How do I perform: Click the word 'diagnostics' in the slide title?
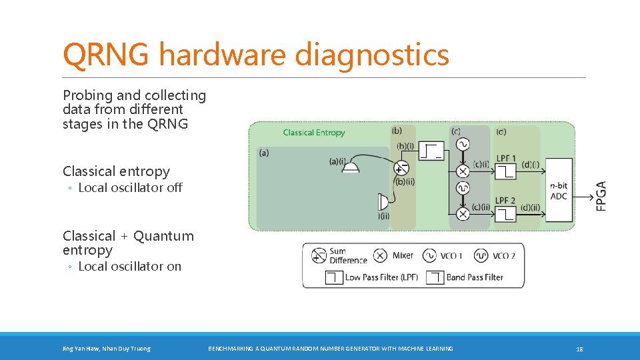tap(372, 55)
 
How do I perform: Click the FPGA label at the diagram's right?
tap(601, 196)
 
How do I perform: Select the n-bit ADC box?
tap(558, 189)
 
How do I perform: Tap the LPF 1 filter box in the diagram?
tap(505, 172)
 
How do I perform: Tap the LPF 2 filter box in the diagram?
tap(505, 213)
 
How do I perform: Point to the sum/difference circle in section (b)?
tap(401, 168)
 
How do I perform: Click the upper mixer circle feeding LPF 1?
tap(463, 171)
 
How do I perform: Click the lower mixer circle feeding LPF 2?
tap(463, 213)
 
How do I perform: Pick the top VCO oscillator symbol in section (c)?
tap(462, 144)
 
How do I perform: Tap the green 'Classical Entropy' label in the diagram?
tap(314, 133)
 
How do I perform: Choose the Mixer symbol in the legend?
tap(380, 256)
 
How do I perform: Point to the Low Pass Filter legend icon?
tap(334, 277)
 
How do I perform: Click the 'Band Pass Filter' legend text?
tap(475, 277)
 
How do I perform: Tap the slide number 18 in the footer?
tap(579, 349)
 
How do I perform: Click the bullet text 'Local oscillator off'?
tap(130, 188)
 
